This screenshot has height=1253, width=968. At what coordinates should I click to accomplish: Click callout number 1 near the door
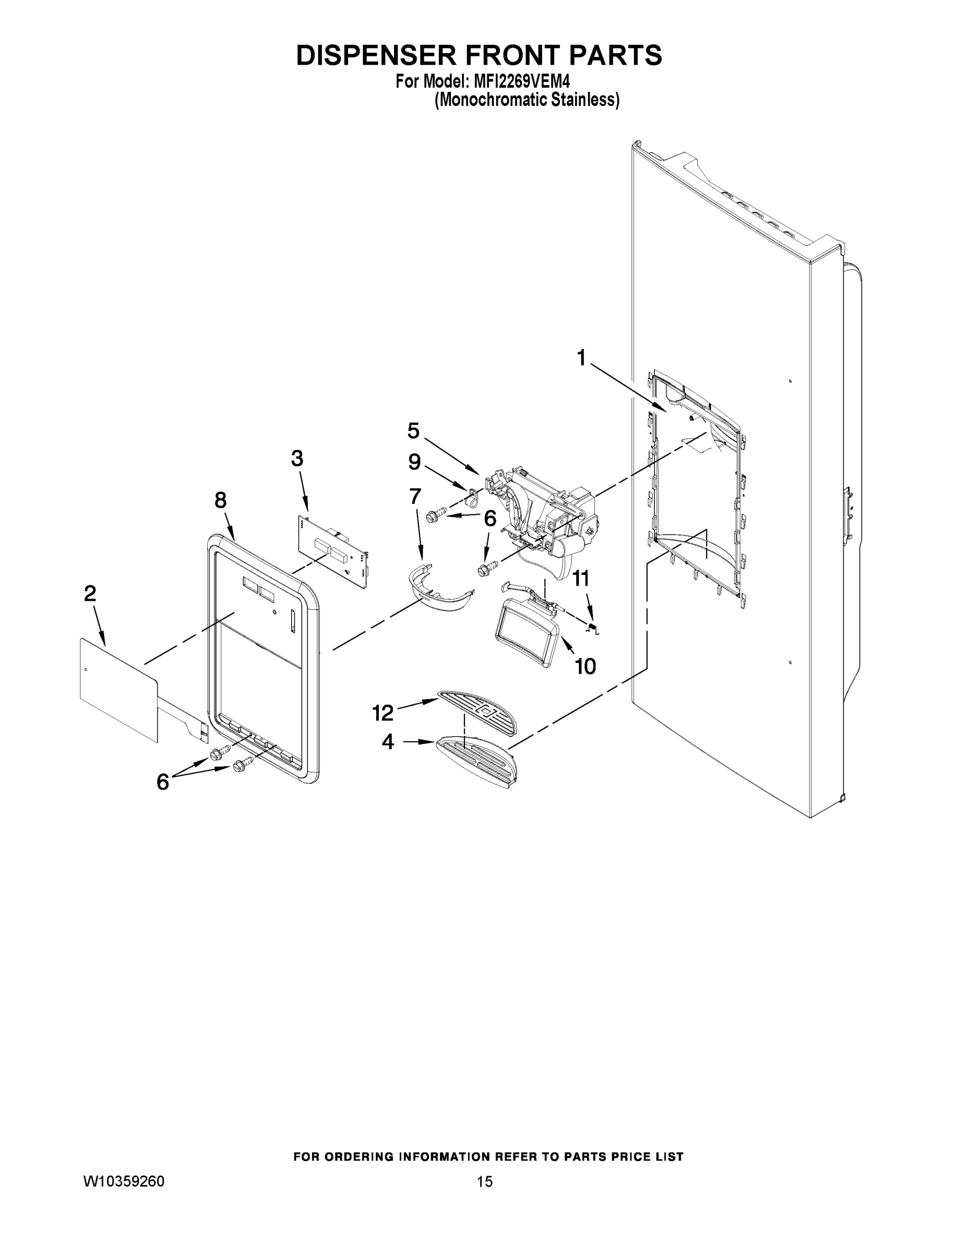pos(581,358)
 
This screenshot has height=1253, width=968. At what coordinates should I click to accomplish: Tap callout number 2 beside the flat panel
pos(90,593)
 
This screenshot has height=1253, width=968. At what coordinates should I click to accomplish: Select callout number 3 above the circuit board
pos(297,458)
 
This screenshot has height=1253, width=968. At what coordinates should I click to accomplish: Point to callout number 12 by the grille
pos(383,713)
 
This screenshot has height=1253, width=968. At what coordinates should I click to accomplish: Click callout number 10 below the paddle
pos(585,666)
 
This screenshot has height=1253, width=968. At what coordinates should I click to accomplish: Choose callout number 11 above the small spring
pos(581,578)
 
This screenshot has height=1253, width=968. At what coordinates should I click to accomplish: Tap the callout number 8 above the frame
pos(221,500)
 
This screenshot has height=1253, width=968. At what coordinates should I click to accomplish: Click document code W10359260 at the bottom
pos(124,1182)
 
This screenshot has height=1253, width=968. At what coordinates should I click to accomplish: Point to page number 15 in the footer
pos(485,1182)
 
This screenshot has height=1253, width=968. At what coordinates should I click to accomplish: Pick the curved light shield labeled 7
pos(442,594)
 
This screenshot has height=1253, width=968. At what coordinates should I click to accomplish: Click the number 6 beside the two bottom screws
pos(163,782)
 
